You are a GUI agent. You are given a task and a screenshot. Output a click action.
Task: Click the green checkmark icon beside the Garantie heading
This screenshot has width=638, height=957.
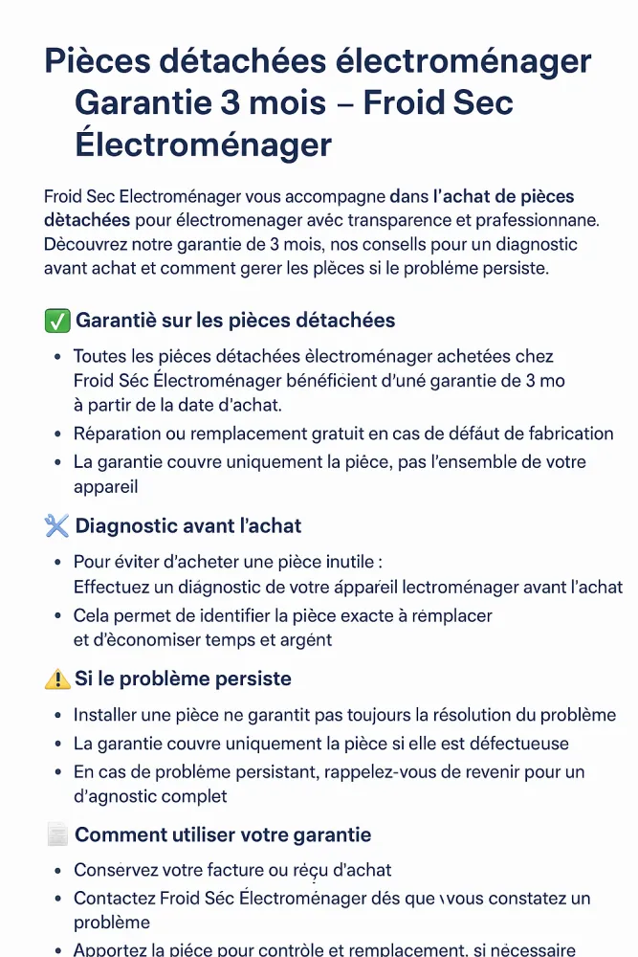(x=57, y=321)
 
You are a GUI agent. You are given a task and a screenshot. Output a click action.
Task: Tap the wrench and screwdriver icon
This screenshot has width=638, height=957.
(x=57, y=525)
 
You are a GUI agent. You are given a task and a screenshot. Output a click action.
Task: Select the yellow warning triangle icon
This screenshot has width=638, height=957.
(x=57, y=679)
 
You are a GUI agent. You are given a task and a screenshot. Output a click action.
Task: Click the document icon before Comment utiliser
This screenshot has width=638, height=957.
(x=57, y=835)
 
